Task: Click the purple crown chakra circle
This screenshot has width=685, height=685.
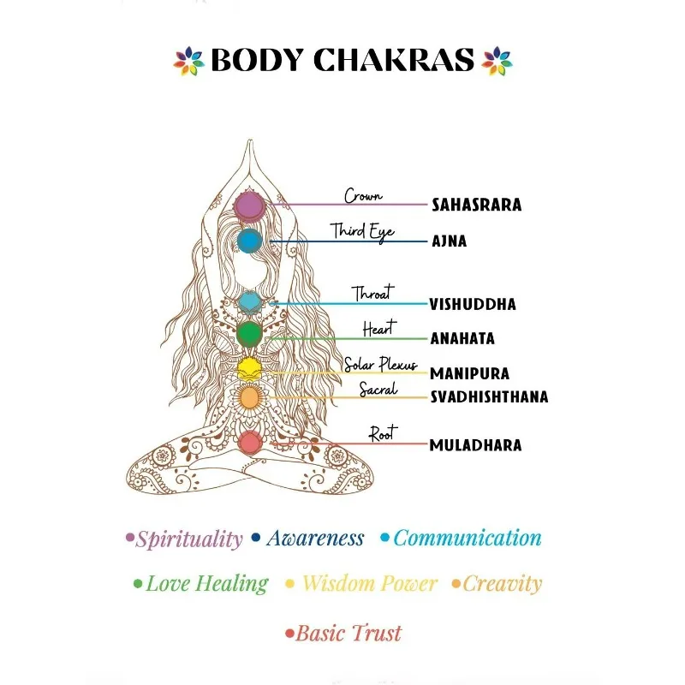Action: point(248,205)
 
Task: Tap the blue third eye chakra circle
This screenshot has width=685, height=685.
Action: point(249,241)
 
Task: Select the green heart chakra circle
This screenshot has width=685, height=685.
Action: point(249,332)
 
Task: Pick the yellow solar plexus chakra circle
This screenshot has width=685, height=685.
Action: point(249,368)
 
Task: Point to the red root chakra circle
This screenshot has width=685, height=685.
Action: point(249,443)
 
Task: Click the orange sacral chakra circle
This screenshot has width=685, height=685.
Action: point(249,397)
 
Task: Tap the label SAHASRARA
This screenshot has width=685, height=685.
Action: point(476,205)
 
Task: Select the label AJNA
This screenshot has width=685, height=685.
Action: point(449,241)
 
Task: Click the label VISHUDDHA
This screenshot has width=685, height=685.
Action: point(472,304)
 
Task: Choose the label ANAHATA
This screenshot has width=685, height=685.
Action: point(462,339)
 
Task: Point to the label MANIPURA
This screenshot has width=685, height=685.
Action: point(469,374)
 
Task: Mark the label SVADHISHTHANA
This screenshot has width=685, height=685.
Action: point(488,397)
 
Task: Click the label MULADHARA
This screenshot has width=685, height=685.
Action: point(475,445)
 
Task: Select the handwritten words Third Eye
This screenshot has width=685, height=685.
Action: point(362,231)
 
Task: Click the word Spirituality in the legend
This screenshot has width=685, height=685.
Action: point(189,539)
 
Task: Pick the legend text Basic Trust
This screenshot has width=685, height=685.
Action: point(348,634)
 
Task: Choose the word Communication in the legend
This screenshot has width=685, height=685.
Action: point(467,539)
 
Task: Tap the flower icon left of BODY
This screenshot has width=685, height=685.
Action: point(188,61)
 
